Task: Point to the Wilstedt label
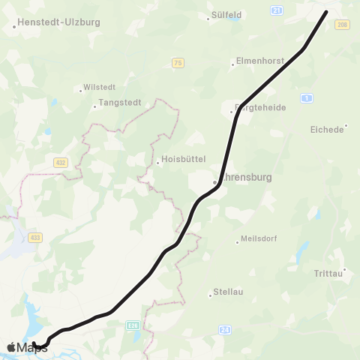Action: pos(99,87)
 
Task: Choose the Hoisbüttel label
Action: pos(184,159)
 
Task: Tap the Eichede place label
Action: pos(327,129)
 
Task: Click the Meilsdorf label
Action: pos(259,240)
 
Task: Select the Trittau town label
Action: pos(328,274)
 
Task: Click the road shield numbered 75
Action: pos(177,63)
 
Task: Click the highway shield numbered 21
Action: pos(277,10)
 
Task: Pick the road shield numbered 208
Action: pos(343,25)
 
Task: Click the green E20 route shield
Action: pos(133,325)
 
